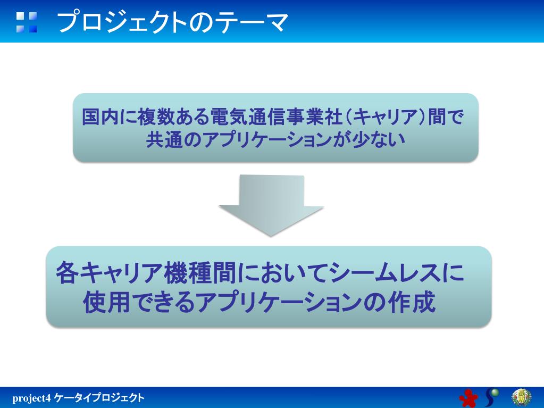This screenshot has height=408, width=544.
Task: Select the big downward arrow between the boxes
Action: point(271,205)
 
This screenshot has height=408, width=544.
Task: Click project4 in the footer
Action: point(31,398)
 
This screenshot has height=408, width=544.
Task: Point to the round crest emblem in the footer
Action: point(521,396)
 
